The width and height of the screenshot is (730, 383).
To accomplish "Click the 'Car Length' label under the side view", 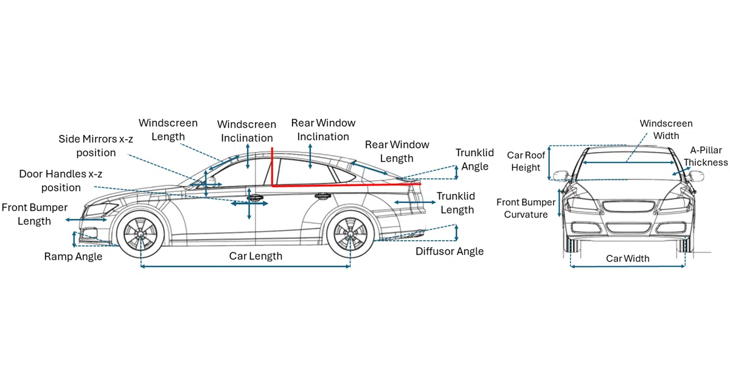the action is [x=255, y=256].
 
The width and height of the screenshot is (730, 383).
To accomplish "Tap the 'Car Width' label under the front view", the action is [x=628, y=258].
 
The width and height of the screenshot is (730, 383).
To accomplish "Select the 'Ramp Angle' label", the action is [x=73, y=257].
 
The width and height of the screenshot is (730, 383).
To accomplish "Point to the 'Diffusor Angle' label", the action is [x=450, y=251].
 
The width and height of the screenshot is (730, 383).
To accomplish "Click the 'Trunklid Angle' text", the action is [x=474, y=159].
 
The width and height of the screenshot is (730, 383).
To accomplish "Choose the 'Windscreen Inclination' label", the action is [x=247, y=131].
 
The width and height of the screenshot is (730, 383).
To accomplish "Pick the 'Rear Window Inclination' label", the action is [x=323, y=129].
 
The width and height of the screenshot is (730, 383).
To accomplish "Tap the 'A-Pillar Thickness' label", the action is [x=706, y=156].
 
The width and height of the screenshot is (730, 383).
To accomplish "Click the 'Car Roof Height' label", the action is [x=526, y=161].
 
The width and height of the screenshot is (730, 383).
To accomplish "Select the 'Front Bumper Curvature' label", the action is [x=526, y=208].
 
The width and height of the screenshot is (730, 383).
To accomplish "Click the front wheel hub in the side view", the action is [x=141, y=234].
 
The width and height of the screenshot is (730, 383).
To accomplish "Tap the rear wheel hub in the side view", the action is [x=350, y=234].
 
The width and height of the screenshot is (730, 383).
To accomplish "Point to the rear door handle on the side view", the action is [x=322, y=196].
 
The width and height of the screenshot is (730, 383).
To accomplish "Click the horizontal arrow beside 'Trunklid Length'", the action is [x=415, y=202].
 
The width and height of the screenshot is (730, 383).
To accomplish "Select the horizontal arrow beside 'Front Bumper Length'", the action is [x=86, y=220].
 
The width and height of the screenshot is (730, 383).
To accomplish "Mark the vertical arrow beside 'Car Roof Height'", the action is [x=549, y=163].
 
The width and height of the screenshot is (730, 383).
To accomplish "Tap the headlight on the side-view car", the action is [x=100, y=210].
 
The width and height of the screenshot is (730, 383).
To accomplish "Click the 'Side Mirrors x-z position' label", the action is [x=96, y=145].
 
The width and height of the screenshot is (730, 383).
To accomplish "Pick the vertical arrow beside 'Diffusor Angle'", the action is [x=456, y=232].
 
